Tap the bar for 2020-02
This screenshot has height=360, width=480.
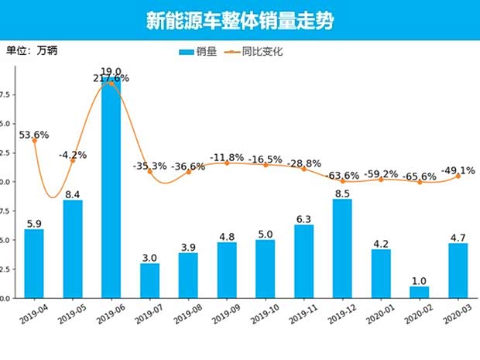420,292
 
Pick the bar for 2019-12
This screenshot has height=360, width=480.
342,249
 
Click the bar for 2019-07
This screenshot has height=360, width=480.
149,280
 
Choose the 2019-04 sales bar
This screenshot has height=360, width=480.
34,263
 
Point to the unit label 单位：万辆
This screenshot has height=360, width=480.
32,51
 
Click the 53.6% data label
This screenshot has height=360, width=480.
33,135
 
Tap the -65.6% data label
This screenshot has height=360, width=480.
420,177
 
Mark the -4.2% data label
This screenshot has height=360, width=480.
72,155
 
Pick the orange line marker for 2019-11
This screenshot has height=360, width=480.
304,169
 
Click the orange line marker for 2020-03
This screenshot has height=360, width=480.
458,176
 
